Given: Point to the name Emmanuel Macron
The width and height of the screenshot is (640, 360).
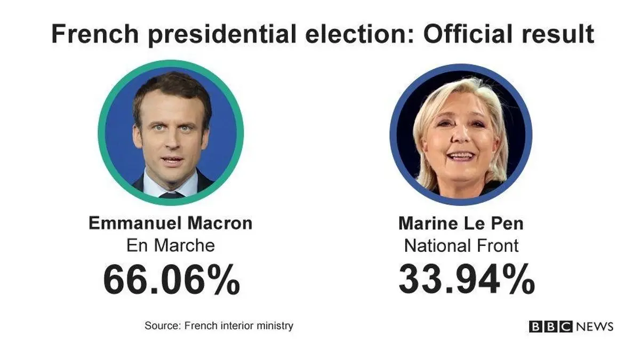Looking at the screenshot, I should [170, 223].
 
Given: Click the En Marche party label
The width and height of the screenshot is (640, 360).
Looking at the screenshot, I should [170, 245].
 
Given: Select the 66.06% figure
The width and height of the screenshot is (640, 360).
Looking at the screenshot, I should [171, 280].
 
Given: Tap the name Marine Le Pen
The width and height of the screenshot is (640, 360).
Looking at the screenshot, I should [461, 223].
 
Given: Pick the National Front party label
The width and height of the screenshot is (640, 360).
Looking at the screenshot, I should [461, 245].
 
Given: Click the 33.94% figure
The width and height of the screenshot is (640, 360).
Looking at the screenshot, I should [467, 279].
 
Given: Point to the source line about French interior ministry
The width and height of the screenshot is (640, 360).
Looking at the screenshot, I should [219, 325].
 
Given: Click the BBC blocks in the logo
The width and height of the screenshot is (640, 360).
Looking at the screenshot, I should [550, 326].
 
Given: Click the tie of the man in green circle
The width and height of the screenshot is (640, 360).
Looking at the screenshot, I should [171, 195].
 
